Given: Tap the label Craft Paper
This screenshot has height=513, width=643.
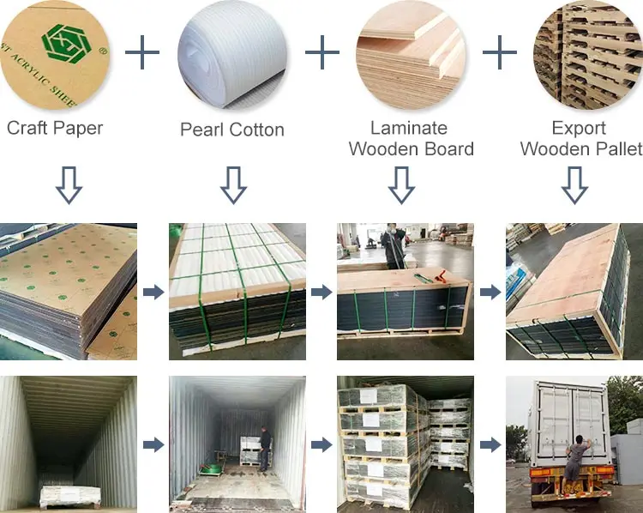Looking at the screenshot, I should tap(55, 129).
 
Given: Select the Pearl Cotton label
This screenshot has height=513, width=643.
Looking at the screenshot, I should tap(231, 130).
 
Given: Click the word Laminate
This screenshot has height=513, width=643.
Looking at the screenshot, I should tap(409, 128).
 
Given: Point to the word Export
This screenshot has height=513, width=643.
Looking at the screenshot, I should tap(579, 128).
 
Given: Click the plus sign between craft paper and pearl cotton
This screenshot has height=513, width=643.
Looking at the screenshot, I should tap(142, 53).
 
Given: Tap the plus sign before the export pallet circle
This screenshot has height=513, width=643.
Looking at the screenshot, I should tap(500, 53).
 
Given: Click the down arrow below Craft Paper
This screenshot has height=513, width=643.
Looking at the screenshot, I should tap(69, 184).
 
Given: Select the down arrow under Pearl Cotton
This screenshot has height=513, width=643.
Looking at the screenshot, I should tap(232, 184).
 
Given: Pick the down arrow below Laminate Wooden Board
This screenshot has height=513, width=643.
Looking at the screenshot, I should tap(401, 184).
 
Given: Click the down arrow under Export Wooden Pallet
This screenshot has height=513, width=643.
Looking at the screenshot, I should tap(576, 184).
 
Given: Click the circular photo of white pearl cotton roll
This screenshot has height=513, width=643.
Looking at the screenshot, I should tap(231, 53).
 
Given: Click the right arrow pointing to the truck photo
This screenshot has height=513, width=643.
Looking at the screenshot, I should tap(490, 444).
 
